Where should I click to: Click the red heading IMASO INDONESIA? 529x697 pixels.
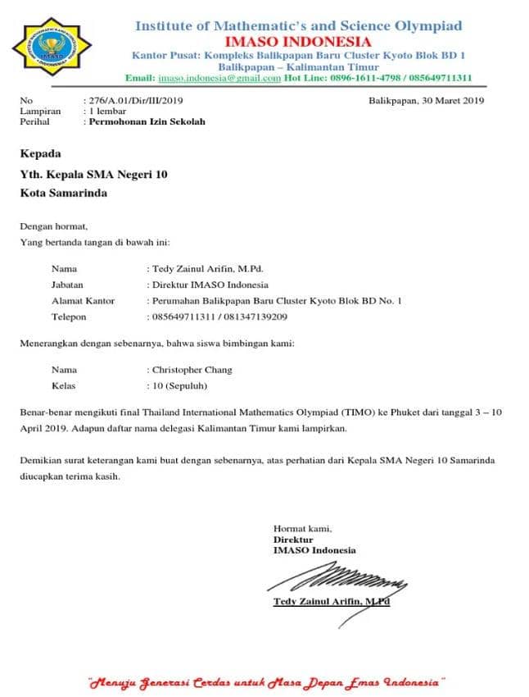[x=298, y=42]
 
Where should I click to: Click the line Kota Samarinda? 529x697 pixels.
[x=63, y=194]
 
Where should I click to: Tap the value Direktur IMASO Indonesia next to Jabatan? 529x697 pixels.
[x=210, y=285]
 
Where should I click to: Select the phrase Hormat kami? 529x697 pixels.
[x=302, y=529]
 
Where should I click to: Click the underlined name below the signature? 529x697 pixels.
[x=331, y=602]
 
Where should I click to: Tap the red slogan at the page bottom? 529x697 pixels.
[x=266, y=681]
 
